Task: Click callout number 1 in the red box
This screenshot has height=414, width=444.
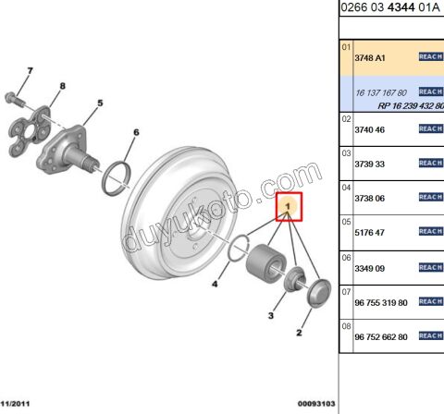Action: (x=289, y=206)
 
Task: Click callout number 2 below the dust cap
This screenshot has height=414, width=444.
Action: (x=299, y=332)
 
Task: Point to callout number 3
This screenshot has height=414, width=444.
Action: (x=271, y=316)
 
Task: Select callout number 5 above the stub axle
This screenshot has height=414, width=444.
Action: (x=99, y=103)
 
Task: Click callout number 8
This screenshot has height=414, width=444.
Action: (x=63, y=87)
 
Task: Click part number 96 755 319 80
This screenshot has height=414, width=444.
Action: (x=381, y=302)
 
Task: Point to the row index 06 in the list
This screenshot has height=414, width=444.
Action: (x=347, y=258)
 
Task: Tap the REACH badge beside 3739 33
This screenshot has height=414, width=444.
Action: (x=431, y=163)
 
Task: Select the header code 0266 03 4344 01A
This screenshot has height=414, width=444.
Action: (x=390, y=8)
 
